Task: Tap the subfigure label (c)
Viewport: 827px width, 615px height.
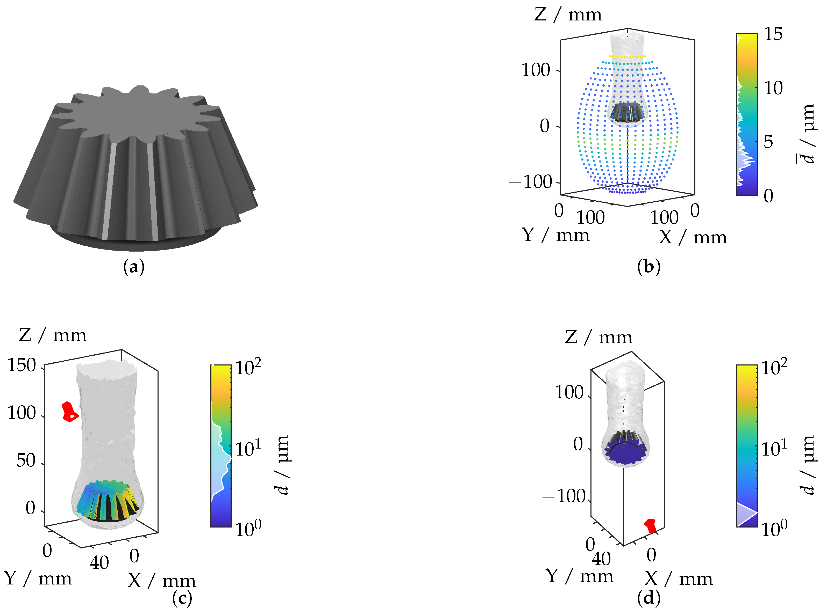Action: (x=182, y=598)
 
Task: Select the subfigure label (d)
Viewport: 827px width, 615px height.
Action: (x=648, y=598)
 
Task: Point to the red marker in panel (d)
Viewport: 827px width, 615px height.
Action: (x=650, y=525)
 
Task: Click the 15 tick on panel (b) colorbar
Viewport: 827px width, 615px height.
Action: (x=773, y=34)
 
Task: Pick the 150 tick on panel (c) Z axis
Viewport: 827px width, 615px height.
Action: (x=22, y=365)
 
